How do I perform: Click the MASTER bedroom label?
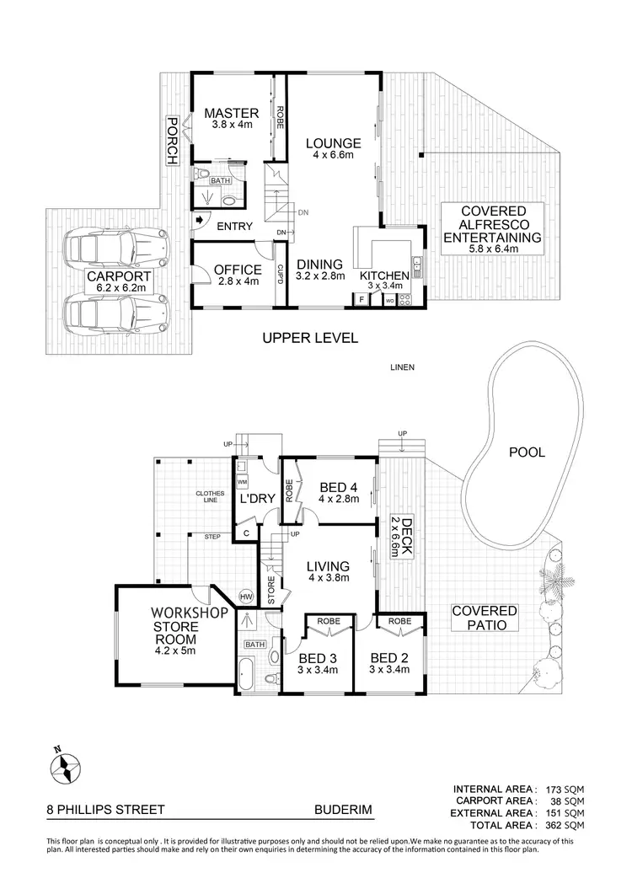click(x=224, y=112)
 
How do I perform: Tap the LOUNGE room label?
click(x=333, y=143)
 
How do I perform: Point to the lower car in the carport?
click(x=117, y=312)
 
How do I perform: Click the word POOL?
click(x=527, y=452)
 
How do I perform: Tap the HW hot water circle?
click(x=247, y=597)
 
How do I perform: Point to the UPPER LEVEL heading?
click(x=310, y=338)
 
